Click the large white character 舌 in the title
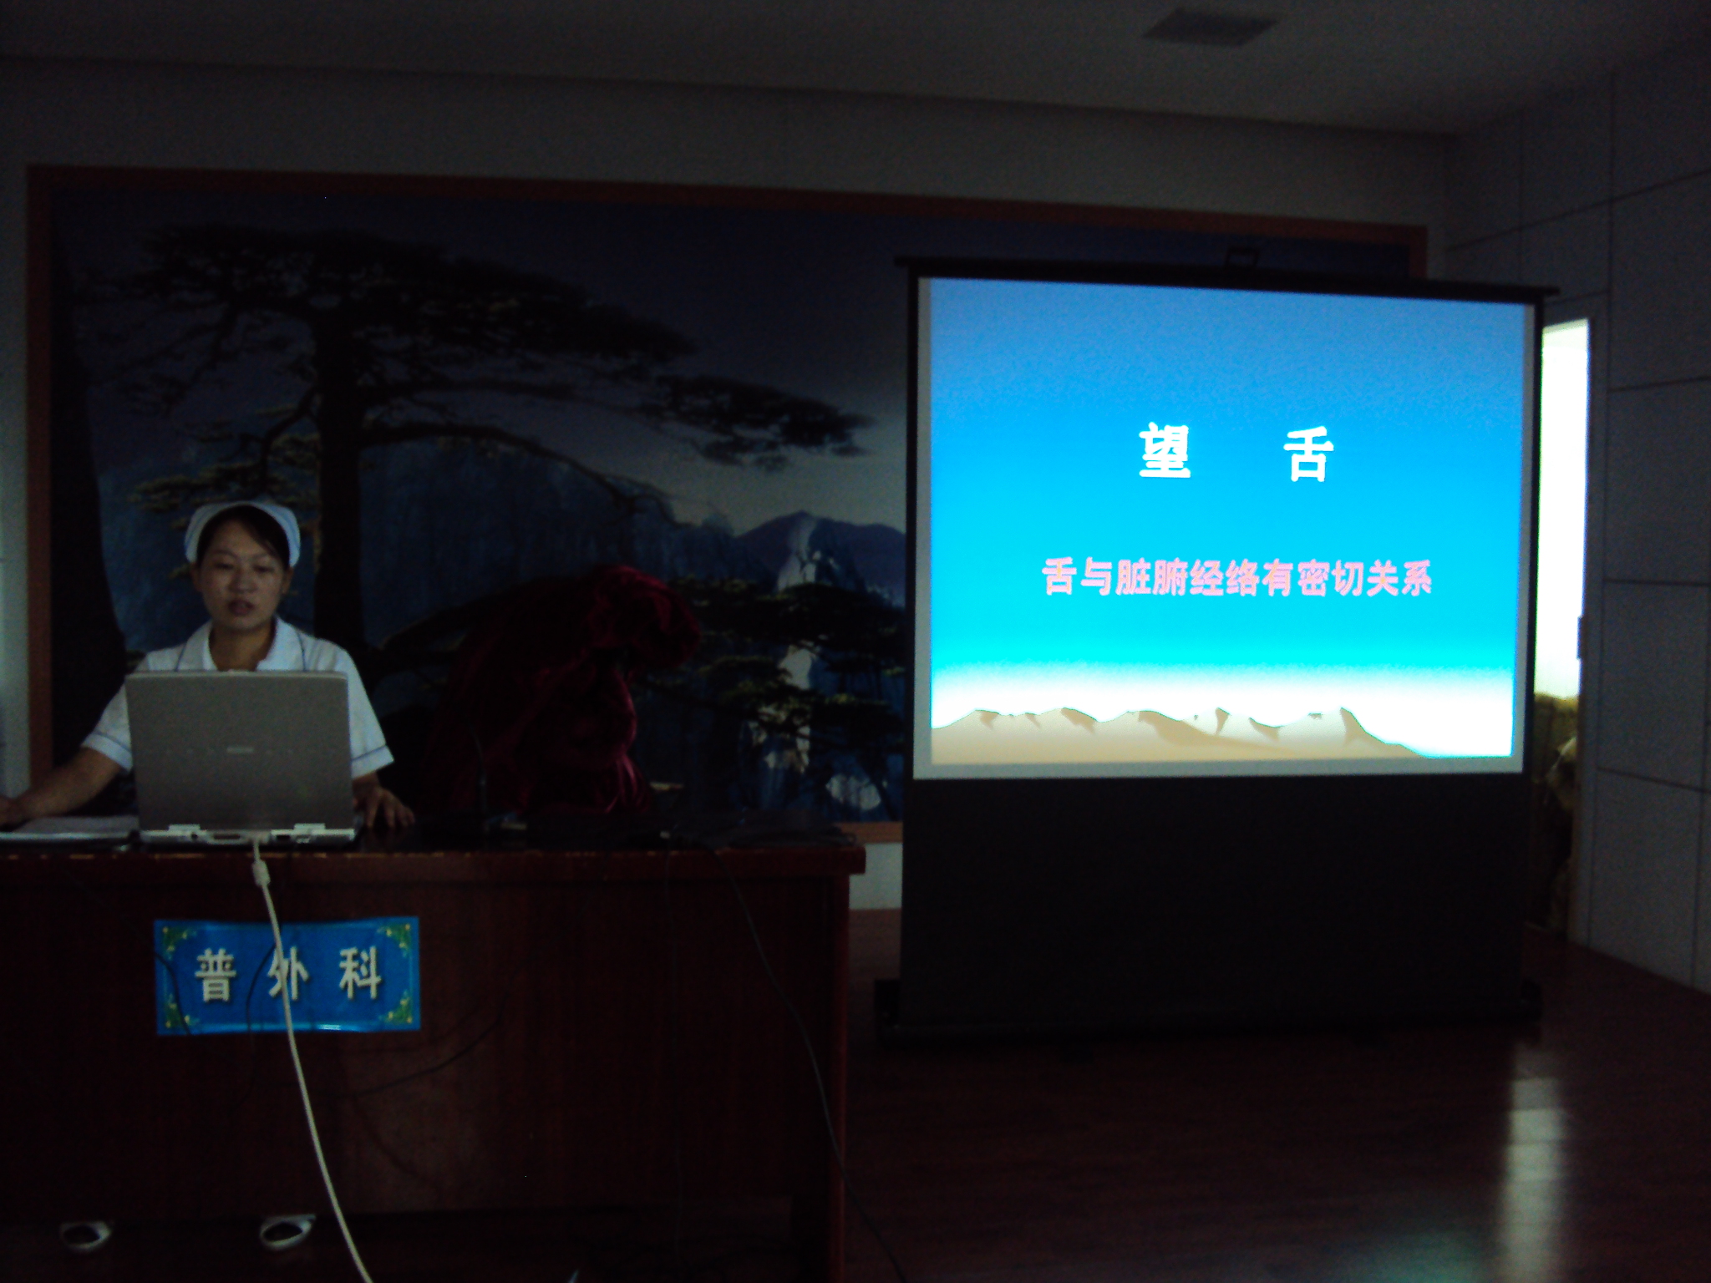click(1308, 457)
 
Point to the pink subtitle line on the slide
click(1237, 577)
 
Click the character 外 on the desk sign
click(288, 975)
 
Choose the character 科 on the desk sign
click(360, 973)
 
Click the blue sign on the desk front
click(287, 976)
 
